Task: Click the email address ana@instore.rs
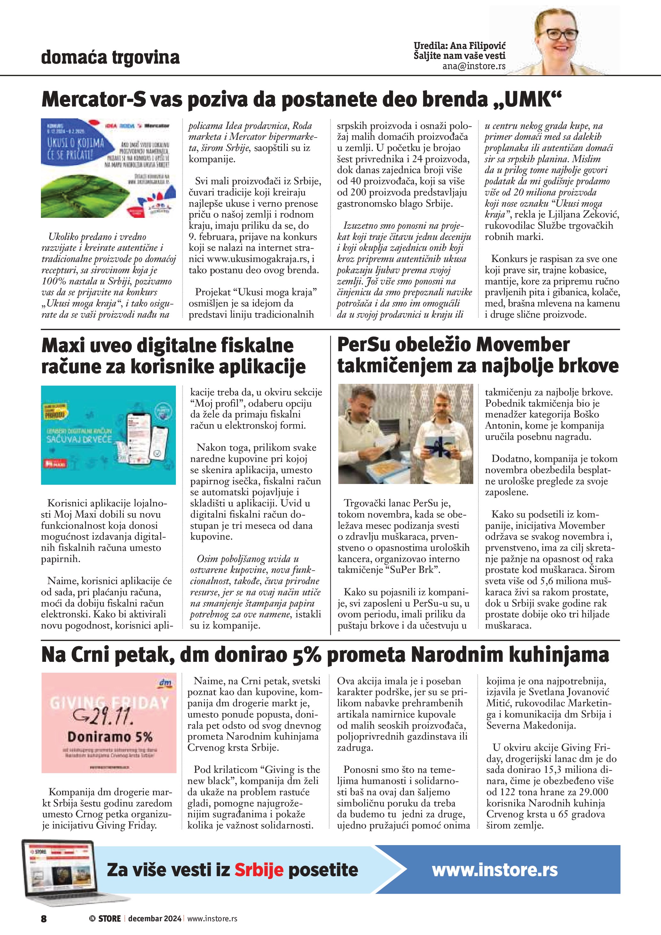[x=474, y=66]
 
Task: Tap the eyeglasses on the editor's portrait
[x=561, y=34]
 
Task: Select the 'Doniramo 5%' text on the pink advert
[x=110, y=736]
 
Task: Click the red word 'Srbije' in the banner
[x=258, y=870]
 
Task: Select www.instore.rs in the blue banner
[x=494, y=870]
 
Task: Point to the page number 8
[x=44, y=918]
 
